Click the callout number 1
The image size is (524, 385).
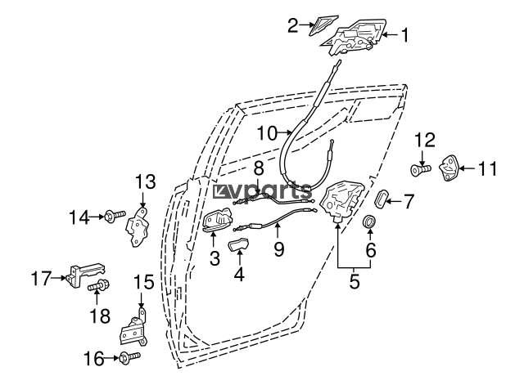tap(404, 35)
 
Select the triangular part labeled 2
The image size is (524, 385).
tap(322, 24)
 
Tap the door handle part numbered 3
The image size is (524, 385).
tap(218, 220)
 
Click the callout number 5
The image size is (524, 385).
tap(355, 282)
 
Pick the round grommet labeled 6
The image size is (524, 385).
tap(369, 222)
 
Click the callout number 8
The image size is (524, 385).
tap(259, 168)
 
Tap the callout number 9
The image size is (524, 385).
tap(279, 249)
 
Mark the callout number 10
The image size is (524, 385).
tap(268, 133)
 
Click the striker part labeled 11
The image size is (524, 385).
tap(449, 168)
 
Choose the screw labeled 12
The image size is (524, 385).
tap(420, 171)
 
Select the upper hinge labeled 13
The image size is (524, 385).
tap(138, 227)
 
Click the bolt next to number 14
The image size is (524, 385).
tap(115, 217)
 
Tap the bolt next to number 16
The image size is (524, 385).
tap(129, 358)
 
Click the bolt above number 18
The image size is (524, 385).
tap(98, 285)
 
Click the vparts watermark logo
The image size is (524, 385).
tap(262, 191)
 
